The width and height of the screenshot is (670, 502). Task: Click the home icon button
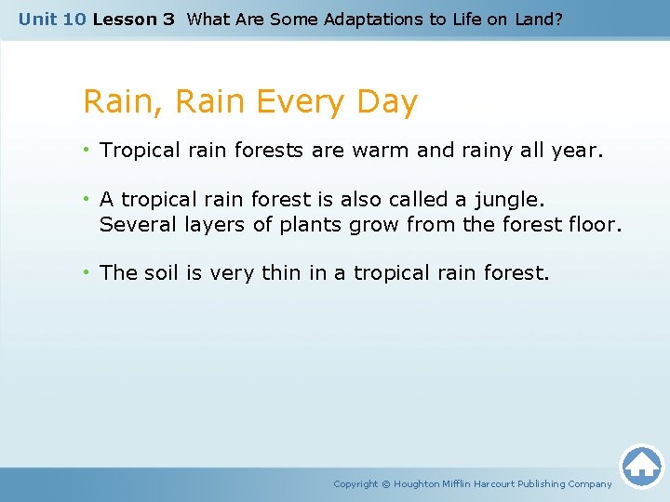[x=641, y=466]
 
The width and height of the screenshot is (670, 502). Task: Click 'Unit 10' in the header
[x=52, y=19]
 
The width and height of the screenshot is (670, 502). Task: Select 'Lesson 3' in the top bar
[x=134, y=19]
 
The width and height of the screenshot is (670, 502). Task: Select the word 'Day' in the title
[x=386, y=102]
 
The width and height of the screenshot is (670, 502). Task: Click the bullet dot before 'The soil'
[x=87, y=273]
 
